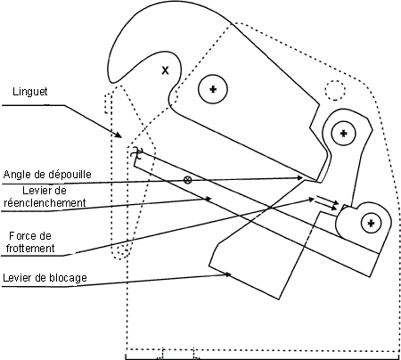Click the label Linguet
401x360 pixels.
click(x=30, y=92)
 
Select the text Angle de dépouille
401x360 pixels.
click(x=47, y=174)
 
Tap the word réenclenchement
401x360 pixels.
click(x=45, y=203)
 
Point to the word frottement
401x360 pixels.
click(x=30, y=248)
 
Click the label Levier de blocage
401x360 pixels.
click(x=45, y=278)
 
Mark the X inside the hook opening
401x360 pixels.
click(x=165, y=70)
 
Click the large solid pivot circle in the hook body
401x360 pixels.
click(x=213, y=89)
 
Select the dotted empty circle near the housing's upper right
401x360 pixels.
click(x=335, y=90)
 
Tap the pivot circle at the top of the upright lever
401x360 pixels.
click(x=344, y=133)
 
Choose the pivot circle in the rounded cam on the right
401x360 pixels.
click(x=371, y=223)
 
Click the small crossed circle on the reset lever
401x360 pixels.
click(x=187, y=180)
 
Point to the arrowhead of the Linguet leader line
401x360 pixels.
click(x=119, y=135)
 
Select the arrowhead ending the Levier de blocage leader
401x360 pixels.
click(x=228, y=274)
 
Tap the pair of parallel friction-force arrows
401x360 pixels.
click(x=327, y=202)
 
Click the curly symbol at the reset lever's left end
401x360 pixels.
click(x=136, y=152)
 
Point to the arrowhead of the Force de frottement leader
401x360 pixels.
click(x=311, y=200)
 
